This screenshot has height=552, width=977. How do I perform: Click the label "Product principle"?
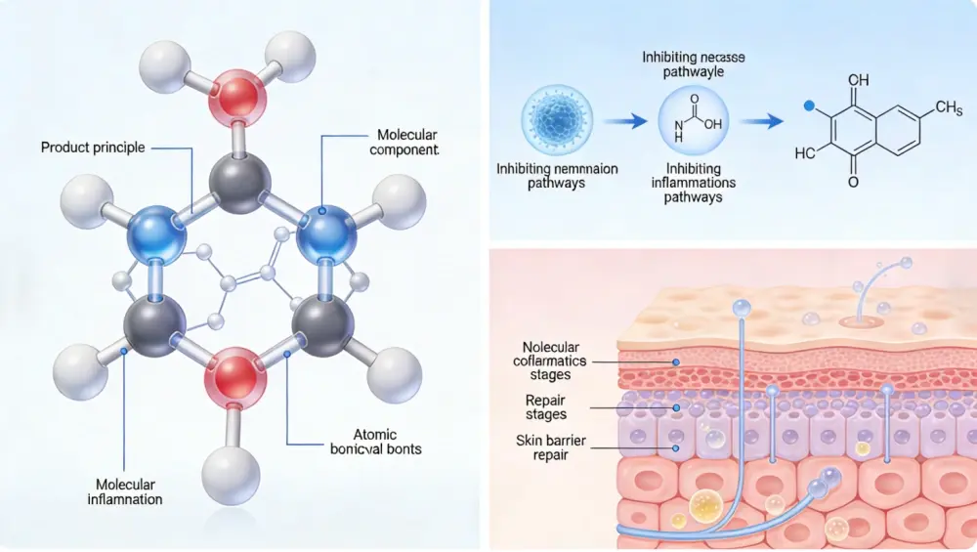[93, 148]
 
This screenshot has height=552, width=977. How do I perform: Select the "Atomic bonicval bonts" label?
[371, 442]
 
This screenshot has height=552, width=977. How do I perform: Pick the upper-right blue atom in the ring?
[324, 234]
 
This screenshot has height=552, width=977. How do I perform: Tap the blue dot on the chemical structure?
[808, 105]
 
